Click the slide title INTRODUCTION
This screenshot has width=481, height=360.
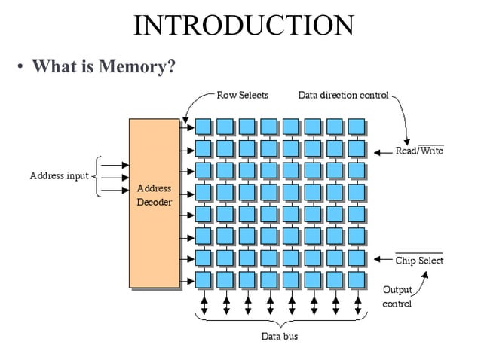243,26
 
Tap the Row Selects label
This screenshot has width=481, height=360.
242,96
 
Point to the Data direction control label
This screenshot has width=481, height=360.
343,96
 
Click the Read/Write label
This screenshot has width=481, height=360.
419,151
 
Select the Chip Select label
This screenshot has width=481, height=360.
419,261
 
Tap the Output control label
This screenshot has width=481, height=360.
397,297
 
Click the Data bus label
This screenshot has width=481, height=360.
279,336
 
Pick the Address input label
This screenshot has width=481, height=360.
59,176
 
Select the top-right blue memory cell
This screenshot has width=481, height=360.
357,126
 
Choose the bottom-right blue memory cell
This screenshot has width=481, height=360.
357,279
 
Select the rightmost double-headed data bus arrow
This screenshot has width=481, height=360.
357,305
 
